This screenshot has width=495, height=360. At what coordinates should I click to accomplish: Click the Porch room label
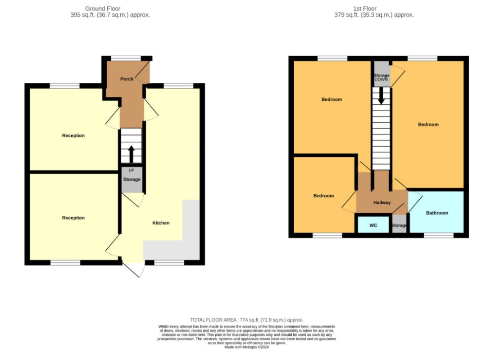pos(127,79)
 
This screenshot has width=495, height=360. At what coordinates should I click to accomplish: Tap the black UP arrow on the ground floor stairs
pos(132,154)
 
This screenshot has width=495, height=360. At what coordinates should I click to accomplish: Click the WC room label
pos(373,225)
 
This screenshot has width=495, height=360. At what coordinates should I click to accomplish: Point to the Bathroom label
pos(437,213)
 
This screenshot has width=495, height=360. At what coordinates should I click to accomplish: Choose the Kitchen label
pos(161,223)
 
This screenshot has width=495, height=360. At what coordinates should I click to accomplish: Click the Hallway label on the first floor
pos(382,202)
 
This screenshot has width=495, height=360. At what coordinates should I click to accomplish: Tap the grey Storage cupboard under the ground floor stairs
pos(132,180)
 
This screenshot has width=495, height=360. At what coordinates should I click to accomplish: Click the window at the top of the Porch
pos(126,58)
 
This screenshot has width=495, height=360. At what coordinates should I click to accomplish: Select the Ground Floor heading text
pos(103,9)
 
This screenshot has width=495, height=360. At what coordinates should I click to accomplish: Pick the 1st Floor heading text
pos(365,9)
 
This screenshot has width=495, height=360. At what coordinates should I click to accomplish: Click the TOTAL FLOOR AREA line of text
pos(246,320)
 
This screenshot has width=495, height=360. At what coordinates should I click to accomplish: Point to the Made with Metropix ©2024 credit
pos(246,347)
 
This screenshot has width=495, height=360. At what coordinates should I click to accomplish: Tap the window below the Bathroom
pos(439,235)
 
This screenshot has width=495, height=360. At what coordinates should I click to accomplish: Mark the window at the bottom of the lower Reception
pos(65,262)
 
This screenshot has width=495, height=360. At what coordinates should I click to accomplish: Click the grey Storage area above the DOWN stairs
pos(381,74)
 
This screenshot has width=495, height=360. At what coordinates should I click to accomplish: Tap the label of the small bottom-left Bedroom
pos(323,196)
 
